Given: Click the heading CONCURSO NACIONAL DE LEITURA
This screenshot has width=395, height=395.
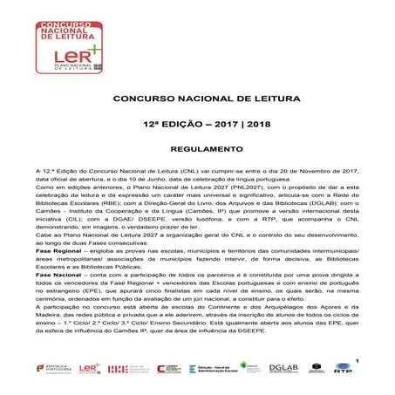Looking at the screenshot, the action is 197,101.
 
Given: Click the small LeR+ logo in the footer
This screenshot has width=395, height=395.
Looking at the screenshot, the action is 89,369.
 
